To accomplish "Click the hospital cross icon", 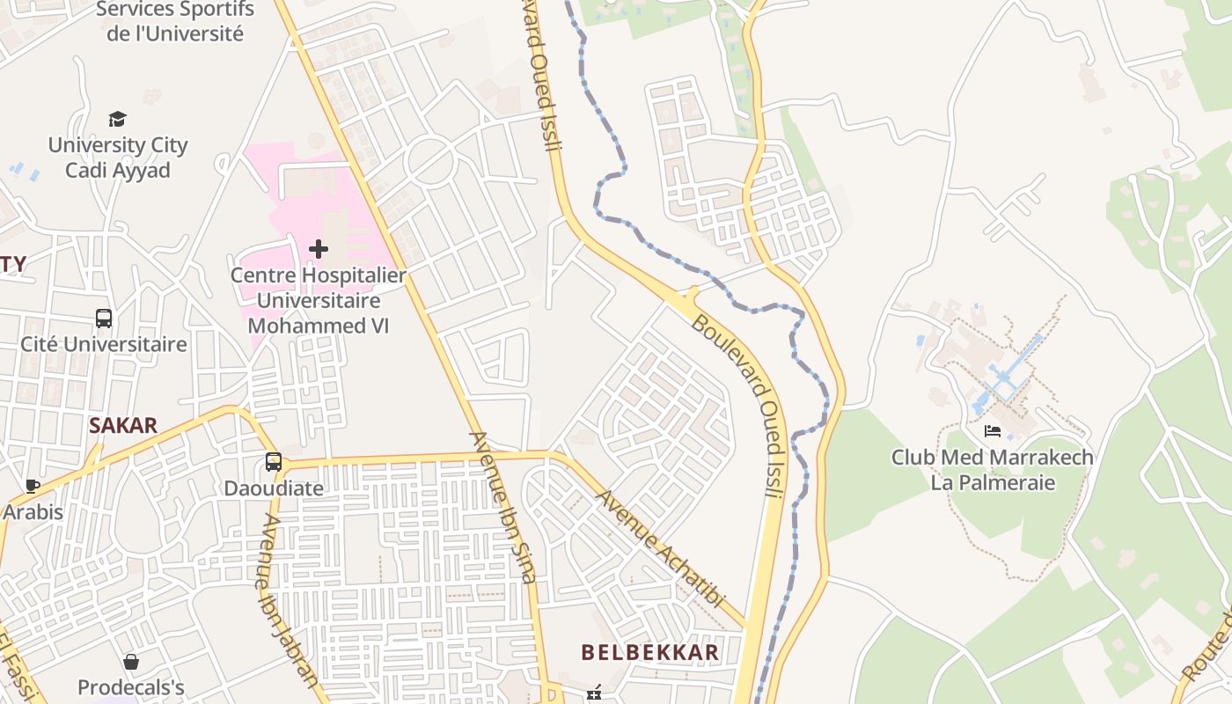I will (319, 249).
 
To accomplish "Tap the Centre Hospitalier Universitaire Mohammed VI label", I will (319, 300).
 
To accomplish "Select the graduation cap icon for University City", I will (117, 119).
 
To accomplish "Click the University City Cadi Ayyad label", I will (118, 158).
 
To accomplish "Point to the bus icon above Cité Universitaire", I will (104, 319).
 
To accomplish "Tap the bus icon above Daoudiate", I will (274, 462).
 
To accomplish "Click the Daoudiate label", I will (274, 488).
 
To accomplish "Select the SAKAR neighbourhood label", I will (123, 426).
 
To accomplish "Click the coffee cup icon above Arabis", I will (33, 486).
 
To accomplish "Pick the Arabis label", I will (33, 511).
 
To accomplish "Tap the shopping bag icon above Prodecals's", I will (131, 662).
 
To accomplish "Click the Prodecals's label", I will (131, 686).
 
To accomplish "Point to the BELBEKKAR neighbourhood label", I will (650, 652).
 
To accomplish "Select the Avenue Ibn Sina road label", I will (502, 507).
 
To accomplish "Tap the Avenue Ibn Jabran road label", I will (289, 600).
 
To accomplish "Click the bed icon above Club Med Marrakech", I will (993, 431).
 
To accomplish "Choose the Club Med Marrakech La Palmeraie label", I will (993, 470).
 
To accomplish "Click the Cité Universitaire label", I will (104, 344).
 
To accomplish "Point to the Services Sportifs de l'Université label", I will (175, 22).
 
